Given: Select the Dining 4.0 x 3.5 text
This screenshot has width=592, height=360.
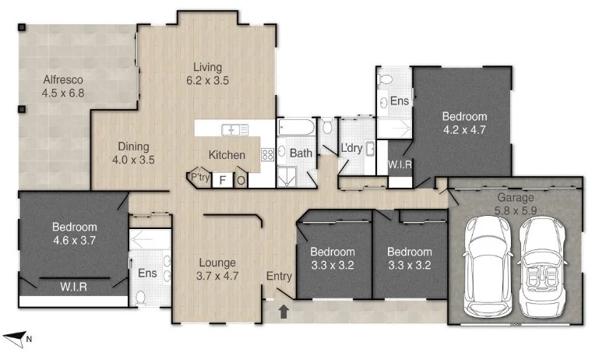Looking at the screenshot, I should click(133, 153).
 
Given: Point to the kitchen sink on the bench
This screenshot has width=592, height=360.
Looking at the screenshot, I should click(234, 129).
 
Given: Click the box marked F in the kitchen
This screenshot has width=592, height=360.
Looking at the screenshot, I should click(222, 180).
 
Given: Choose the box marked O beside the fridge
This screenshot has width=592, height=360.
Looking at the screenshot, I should click(241, 180).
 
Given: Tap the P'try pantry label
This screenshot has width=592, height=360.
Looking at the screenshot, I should click(199, 177).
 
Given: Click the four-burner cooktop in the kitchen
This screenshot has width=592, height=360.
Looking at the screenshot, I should click(266, 154).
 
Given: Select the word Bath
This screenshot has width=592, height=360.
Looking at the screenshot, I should click(301, 154).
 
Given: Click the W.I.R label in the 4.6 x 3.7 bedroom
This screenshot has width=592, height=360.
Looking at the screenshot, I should click(73, 287).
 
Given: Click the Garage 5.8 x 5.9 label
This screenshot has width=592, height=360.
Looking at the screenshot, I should click(515, 203).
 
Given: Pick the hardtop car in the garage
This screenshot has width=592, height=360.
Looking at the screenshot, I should click(486, 266).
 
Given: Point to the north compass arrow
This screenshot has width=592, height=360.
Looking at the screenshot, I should click(16, 338).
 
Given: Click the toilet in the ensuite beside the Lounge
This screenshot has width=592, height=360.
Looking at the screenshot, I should click(141, 296).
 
